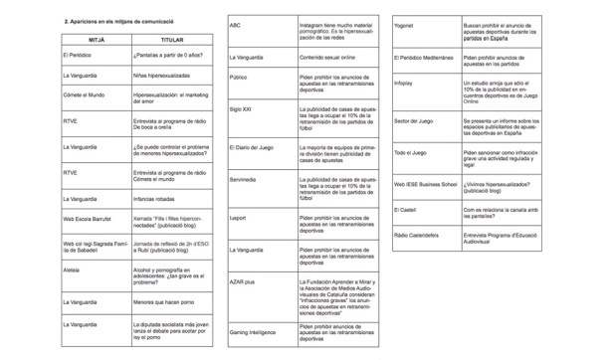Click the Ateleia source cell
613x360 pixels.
[x=71, y=270]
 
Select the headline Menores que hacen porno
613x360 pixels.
[x=157, y=300]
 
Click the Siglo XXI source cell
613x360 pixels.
[x=241, y=106]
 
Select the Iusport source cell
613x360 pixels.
[x=238, y=217]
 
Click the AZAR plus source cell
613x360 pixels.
[x=243, y=282]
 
